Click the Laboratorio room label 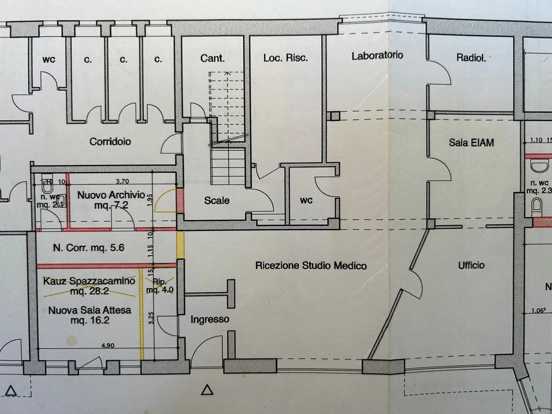(377, 56)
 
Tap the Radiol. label (471, 58)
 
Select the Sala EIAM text (471, 143)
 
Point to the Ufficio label (471, 265)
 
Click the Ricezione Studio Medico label (311, 266)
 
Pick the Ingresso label (210, 319)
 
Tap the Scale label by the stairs (217, 200)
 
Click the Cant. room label (212, 58)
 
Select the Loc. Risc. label (285, 58)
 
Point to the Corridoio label (110, 142)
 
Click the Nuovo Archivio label (111, 195)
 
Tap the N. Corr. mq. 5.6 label (89, 248)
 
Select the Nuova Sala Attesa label (90, 310)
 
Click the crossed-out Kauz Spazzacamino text (89, 281)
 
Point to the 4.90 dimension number (108, 345)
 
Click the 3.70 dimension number (122, 181)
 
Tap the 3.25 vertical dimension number (151, 318)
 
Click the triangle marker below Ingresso (207, 390)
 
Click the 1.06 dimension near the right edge (538, 310)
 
